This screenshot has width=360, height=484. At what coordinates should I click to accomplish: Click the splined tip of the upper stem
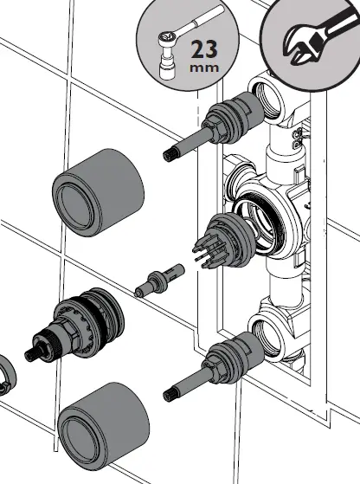point(170,153)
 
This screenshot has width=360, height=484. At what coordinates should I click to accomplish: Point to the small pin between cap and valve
point(161,280)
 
